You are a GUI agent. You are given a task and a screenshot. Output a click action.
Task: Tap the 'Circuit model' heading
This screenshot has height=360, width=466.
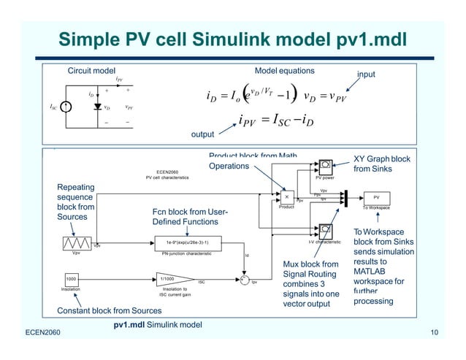pyautogui.click(x=91, y=71)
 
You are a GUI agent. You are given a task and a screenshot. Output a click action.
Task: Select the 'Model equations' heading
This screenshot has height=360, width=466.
pyautogui.click(x=284, y=71)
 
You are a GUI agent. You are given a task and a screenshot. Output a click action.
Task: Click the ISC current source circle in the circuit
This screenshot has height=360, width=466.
pyautogui.click(x=66, y=107)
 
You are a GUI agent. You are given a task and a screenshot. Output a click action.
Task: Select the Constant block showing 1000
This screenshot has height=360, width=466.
pyautogui.click(x=72, y=279)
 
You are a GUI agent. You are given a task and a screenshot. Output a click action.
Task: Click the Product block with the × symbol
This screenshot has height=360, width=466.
pyautogui.click(x=286, y=196)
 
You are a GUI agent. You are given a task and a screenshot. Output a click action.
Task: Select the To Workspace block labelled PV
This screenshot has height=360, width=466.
pyautogui.click(x=376, y=197)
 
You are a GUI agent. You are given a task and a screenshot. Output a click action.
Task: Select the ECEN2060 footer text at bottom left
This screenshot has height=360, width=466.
pyautogui.click(x=34, y=333)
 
